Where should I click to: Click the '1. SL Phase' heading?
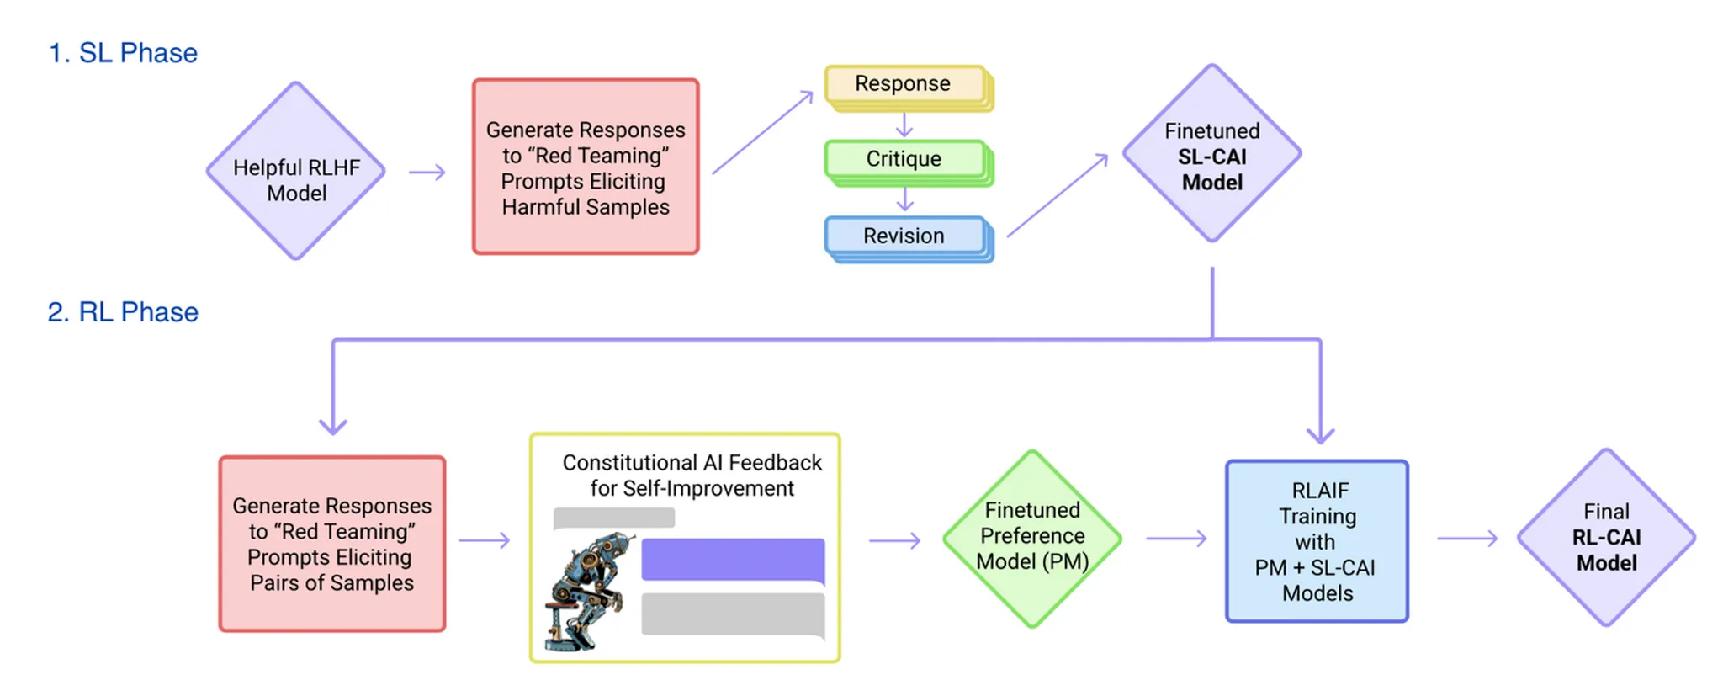(x=123, y=53)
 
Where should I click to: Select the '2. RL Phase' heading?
(x=123, y=312)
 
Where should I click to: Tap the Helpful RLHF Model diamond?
(x=296, y=171)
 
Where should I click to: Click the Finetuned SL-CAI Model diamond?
(x=1212, y=153)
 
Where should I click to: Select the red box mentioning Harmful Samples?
(x=586, y=167)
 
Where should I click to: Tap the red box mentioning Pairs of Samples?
(x=332, y=544)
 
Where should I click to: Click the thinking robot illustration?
(x=589, y=591)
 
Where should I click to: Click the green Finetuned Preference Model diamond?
(x=1032, y=539)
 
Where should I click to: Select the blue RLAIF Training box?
(x=1317, y=541)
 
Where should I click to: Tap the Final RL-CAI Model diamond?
(x=1606, y=537)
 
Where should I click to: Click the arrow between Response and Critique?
(x=904, y=125)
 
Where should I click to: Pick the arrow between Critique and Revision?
(x=904, y=199)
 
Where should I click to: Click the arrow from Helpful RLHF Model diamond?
(x=427, y=173)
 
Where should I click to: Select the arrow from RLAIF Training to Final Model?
(x=1468, y=538)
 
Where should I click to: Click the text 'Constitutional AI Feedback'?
(x=692, y=463)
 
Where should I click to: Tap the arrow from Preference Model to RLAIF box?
(x=1177, y=538)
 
